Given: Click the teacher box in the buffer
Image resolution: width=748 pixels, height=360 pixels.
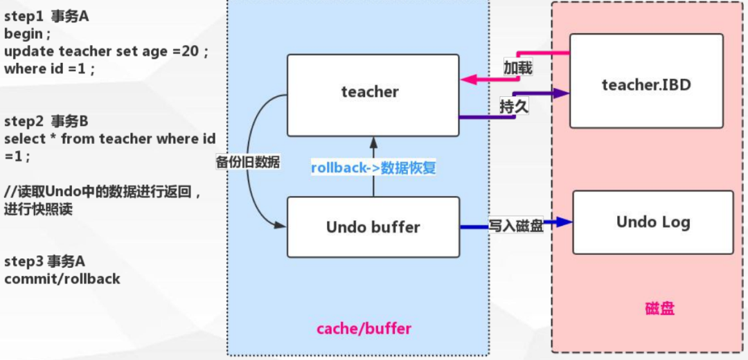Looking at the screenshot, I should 373,95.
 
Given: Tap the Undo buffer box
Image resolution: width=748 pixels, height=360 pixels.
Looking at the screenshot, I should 373,226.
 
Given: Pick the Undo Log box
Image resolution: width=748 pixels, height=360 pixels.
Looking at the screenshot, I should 652,222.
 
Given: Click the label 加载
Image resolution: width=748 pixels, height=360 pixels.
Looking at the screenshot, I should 518,68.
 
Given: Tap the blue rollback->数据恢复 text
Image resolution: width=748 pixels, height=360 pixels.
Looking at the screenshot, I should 373,168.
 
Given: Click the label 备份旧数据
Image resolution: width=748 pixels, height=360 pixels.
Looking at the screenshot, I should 247,162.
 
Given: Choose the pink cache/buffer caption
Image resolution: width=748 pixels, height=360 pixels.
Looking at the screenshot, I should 364,328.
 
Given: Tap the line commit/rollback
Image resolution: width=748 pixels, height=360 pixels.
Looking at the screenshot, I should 62,279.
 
